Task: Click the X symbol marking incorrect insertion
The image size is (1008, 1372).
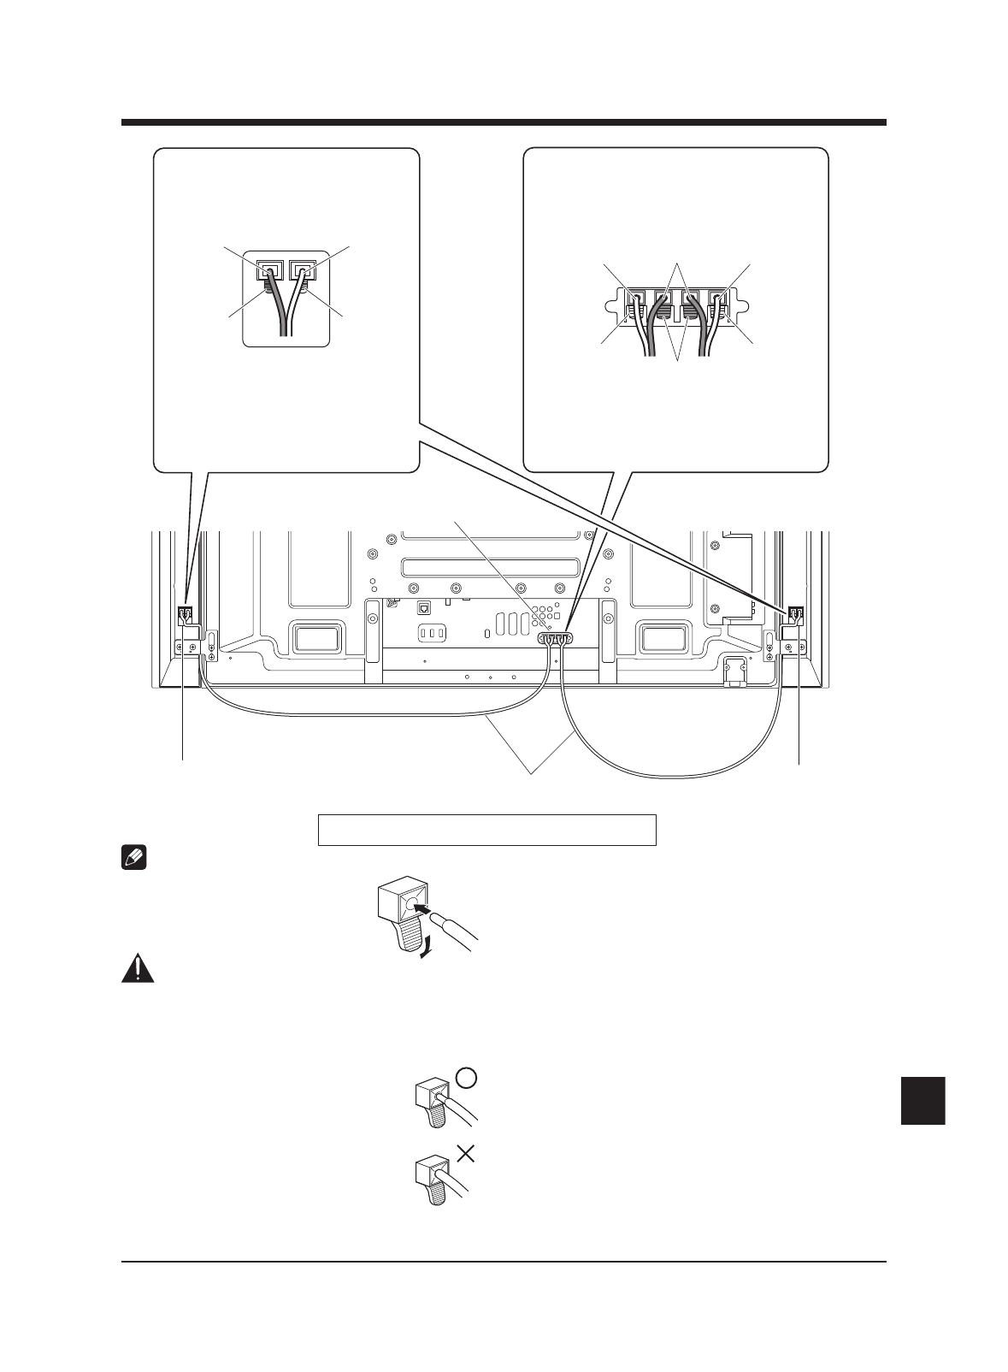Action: tap(465, 1154)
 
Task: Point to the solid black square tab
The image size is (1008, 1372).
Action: tap(923, 1101)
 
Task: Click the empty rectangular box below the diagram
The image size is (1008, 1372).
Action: tap(486, 830)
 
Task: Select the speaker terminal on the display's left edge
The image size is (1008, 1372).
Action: tap(185, 615)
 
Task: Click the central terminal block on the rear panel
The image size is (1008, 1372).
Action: tap(553, 638)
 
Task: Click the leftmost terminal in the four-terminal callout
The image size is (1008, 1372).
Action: tap(637, 304)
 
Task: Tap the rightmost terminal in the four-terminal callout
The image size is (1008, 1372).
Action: tap(716, 304)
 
